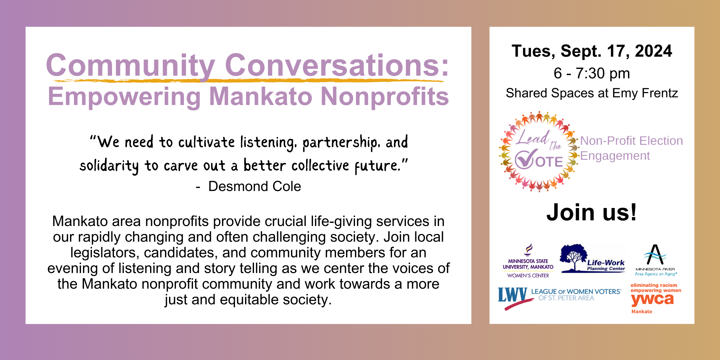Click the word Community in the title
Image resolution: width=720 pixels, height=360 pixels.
[x=131, y=65]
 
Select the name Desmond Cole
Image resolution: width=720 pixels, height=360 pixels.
[x=255, y=186]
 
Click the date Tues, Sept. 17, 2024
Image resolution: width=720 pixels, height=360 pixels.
[x=592, y=51]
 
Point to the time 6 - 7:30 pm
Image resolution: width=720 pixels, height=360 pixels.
[x=592, y=73]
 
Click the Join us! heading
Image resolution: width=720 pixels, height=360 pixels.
[x=592, y=212]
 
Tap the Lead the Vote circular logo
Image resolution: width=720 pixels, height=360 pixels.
[x=539, y=152]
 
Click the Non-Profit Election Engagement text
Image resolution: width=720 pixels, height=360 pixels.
[x=631, y=148]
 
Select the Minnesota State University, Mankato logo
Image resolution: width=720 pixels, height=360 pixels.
[x=528, y=261]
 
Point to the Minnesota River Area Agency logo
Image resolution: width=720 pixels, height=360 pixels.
[x=656, y=260]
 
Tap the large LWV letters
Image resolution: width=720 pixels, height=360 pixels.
[x=513, y=295]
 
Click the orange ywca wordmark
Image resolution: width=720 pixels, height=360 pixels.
[x=652, y=299]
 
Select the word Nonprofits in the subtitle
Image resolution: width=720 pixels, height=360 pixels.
[x=385, y=97]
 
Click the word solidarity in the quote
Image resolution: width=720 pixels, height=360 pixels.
[x=109, y=166]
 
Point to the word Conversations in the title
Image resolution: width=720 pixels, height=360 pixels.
[x=337, y=65]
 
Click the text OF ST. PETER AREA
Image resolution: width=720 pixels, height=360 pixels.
[x=566, y=298]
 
